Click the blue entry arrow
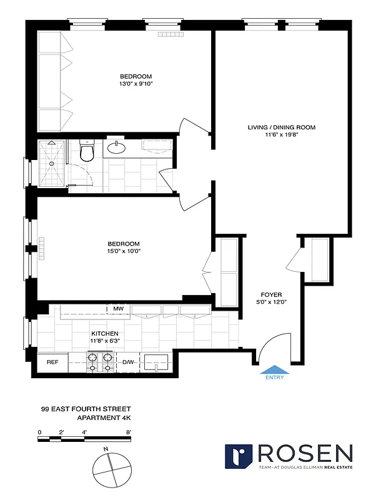pos(274,369)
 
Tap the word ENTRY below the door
pos(274,377)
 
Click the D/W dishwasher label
pos(127,362)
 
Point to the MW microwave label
pos(118,308)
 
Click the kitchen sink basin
pos(157,362)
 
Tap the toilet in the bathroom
pos(87,151)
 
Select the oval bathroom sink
pos(117,147)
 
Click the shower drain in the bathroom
pos(52,165)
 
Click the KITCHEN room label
pos(104,334)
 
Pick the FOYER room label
pos(272,294)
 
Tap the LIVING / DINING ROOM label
pos(281,127)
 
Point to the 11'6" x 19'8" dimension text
pos(281,135)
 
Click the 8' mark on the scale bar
pos(128,432)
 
